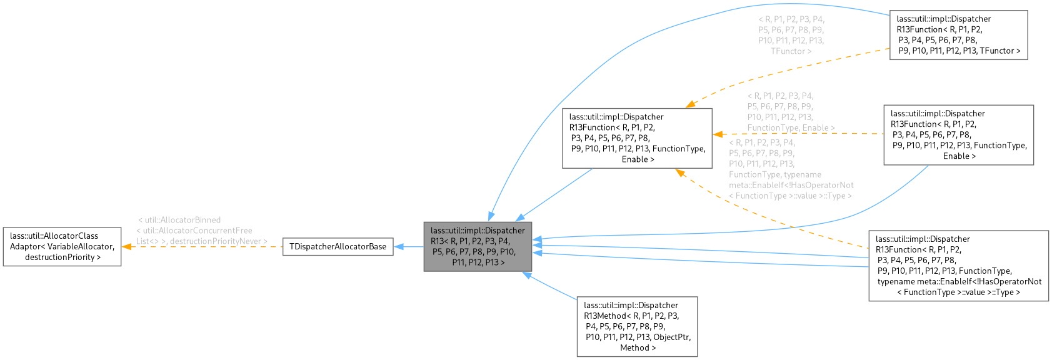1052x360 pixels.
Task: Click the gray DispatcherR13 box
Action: [478, 246]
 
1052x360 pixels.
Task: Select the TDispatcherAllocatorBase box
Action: [338, 246]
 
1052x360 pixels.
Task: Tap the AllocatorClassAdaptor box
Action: [62, 246]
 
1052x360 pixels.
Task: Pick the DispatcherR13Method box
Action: [636, 326]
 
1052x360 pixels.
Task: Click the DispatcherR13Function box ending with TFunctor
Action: [958, 35]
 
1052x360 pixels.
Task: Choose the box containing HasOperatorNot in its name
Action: [958, 266]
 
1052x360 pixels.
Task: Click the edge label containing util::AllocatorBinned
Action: [201, 230]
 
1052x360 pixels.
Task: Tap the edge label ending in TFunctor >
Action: [791, 35]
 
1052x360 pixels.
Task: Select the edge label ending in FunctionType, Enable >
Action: [791, 112]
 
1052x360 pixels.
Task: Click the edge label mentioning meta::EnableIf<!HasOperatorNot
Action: [791, 169]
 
